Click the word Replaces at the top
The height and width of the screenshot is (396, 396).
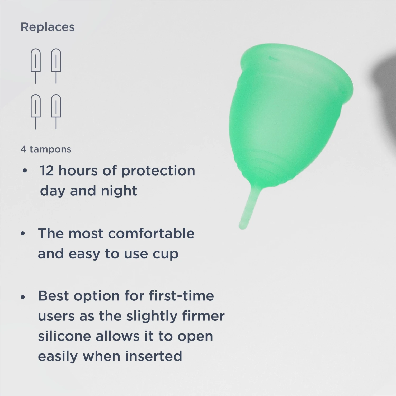[48, 27]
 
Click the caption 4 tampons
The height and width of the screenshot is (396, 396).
[46, 149]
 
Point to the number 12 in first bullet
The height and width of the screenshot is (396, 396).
[47, 171]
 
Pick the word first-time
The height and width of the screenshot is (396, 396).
[181, 296]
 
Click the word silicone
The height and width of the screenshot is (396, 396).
[64, 336]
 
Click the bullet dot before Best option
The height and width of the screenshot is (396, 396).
[23, 297]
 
